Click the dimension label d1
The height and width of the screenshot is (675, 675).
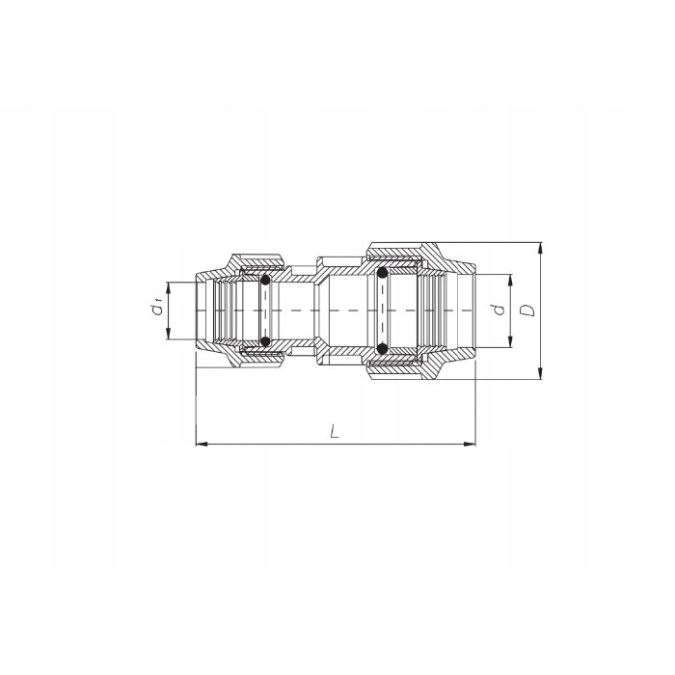click(154, 310)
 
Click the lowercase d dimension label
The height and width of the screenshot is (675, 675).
click(497, 310)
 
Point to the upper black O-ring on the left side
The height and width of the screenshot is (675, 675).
click(265, 281)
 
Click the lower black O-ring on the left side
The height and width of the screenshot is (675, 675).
click(265, 341)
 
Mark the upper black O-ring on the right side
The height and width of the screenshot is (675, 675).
click(383, 274)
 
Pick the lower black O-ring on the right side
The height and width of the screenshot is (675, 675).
click(383, 348)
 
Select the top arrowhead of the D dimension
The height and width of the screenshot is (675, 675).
click(541, 247)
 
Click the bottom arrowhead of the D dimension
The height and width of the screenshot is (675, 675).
click(541, 374)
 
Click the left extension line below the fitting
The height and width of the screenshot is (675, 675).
click(196, 405)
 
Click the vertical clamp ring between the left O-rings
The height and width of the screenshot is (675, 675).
click(265, 310)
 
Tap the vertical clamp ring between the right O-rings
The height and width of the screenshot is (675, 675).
click(383, 310)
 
